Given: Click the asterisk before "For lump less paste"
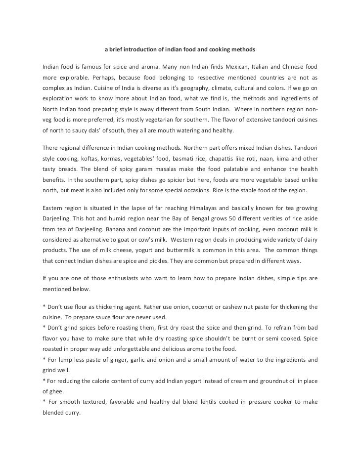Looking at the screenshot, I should [x=44, y=360].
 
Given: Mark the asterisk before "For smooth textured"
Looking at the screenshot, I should [x=44, y=403].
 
